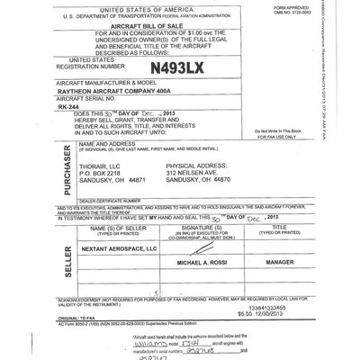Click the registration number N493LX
point(173,67)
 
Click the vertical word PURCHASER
point(42,176)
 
